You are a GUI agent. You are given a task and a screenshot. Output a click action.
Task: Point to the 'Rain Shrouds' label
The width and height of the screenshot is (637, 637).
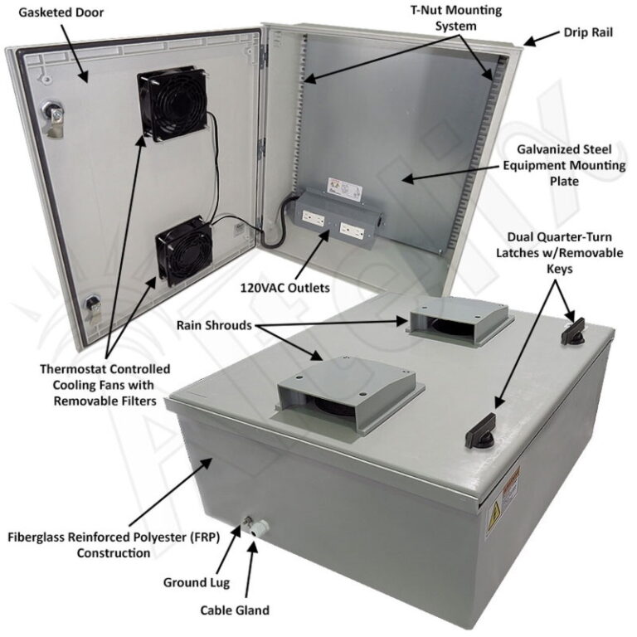click(x=213, y=325)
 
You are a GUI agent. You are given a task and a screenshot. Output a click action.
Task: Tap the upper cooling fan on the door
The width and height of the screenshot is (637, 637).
click(x=173, y=102)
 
